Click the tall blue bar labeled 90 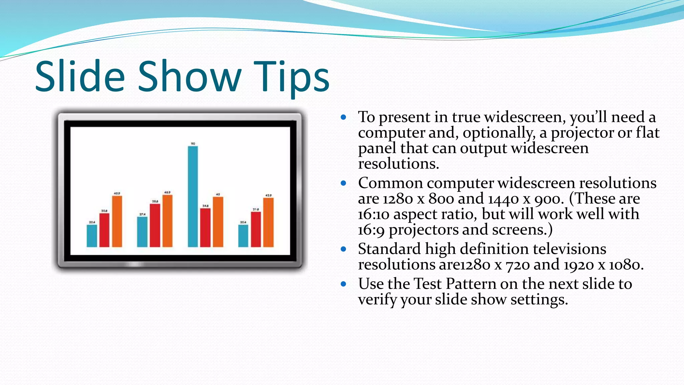click(193, 197)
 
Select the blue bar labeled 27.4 click(142, 232)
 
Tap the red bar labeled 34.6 click(205, 228)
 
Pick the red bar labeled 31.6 click(256, 229)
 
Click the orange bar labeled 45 click(218, 222)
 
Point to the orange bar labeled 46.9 click(167, 221)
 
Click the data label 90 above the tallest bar click(193, 144)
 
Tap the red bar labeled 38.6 click(155, 225)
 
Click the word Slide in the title click(80, 77)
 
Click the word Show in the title click(189, 77)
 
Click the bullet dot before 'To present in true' click(343, 117)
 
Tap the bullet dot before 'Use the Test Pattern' click(343, 284)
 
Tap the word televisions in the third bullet click(569, 249)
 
